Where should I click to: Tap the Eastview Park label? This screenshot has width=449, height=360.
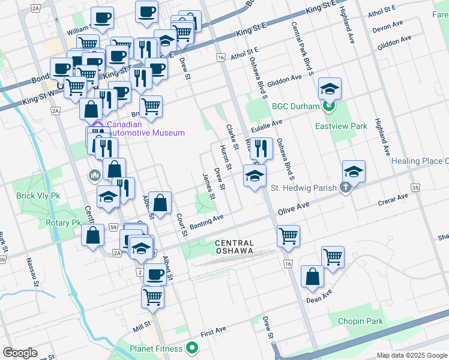click(342, 127)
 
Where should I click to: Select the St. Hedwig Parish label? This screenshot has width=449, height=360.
click(306, 188)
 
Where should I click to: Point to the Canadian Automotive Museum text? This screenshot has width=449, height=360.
click(146, 129)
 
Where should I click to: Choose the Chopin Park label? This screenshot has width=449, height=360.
click(360, 322)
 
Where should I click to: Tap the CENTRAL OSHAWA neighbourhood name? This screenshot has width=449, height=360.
click(235, 247)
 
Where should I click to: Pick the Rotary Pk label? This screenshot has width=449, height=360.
click(63, 223)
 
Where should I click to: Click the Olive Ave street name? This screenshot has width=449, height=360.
click(293, 209)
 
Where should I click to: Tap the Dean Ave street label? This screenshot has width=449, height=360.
click(319, 297)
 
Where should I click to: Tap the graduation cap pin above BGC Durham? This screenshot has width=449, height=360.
click(330, 89)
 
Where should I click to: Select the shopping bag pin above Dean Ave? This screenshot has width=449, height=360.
click(312, 277)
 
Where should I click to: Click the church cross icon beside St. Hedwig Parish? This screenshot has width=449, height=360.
click(345, 188)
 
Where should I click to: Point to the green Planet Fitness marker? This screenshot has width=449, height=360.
click(192, 347)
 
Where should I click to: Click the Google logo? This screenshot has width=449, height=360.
click(20, 353)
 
